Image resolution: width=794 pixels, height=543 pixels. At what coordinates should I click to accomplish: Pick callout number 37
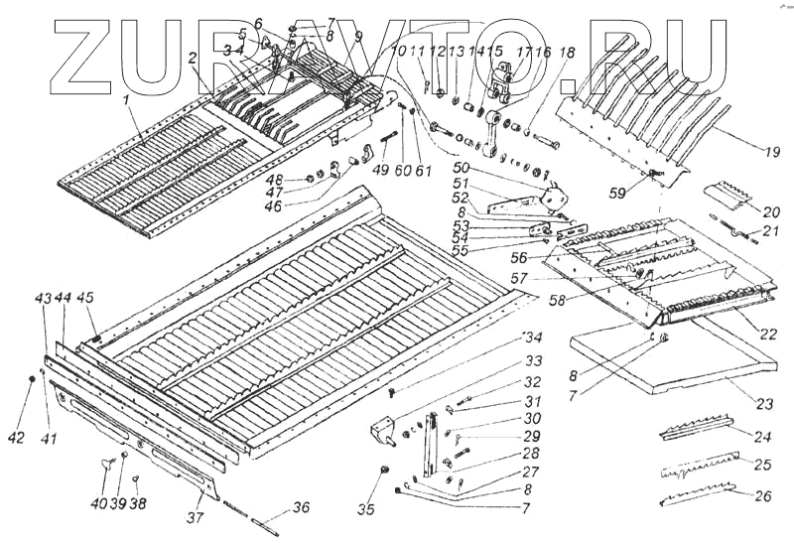coord(197,518)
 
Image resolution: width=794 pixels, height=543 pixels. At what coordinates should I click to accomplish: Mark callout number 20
coord(771,211)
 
